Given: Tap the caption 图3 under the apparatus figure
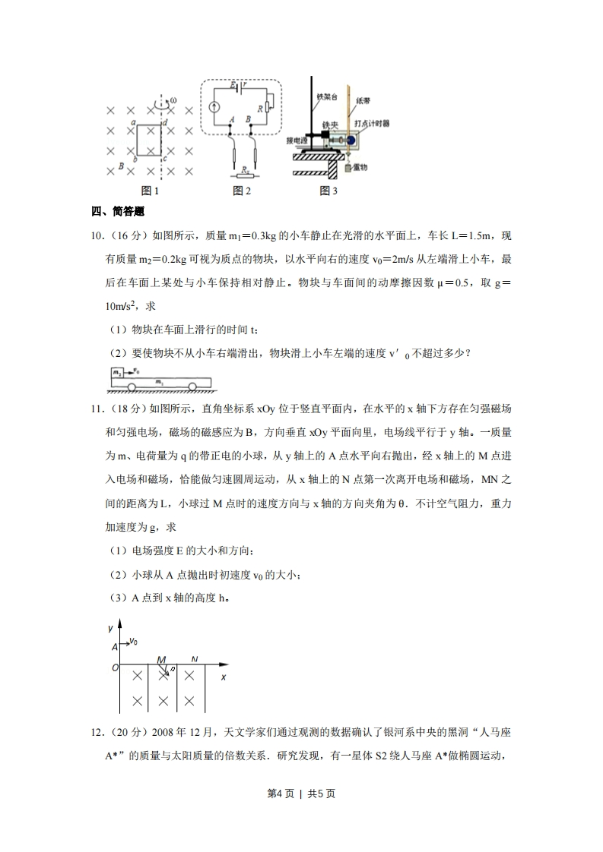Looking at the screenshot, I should tap(328, 191).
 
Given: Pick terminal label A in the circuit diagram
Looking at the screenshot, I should tap(230, 119).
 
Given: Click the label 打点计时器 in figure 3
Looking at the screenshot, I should tap(373, 124).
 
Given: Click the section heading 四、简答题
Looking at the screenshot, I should tap(118, 211).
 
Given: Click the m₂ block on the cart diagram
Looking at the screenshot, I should tap(117, 373).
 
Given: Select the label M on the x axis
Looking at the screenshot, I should tap(161, 660).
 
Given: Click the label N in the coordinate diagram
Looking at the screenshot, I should tap(195, 659).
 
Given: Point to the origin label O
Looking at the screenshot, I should tap(115, 668).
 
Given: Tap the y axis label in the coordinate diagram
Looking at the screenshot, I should tap(110, 628).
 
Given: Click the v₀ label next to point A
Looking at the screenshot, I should tap(134, 642).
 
